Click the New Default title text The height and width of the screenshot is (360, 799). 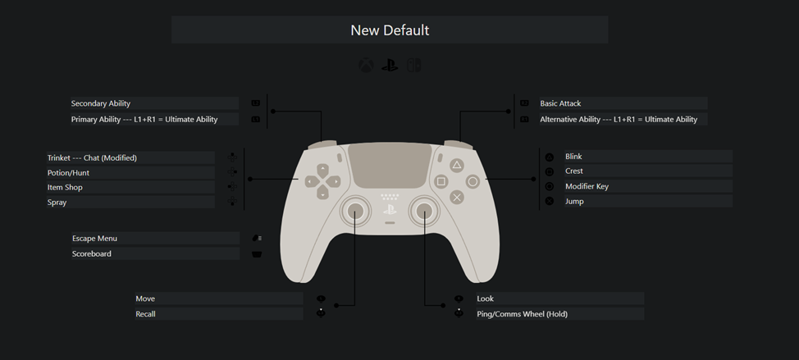coord(390,30)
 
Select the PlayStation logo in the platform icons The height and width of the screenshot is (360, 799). coord(390,65)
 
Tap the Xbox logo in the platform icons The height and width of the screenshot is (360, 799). coord(366,65)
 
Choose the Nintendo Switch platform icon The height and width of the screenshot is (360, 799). coord(413,65)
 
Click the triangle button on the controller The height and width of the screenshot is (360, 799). coord(457,165)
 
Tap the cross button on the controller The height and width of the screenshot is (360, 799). coord(457,197)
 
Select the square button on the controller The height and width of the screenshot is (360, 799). coord(441,181)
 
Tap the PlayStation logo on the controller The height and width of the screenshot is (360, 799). coord(390,210)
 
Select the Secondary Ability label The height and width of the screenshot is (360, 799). coord(101,103)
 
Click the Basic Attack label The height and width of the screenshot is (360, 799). coord(560,103)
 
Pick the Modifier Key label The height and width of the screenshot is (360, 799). coord(587,186)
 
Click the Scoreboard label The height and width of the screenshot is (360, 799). coord(92,253)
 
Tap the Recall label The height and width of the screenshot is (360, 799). coord(145,314)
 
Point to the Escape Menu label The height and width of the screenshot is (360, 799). coord(95,239)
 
